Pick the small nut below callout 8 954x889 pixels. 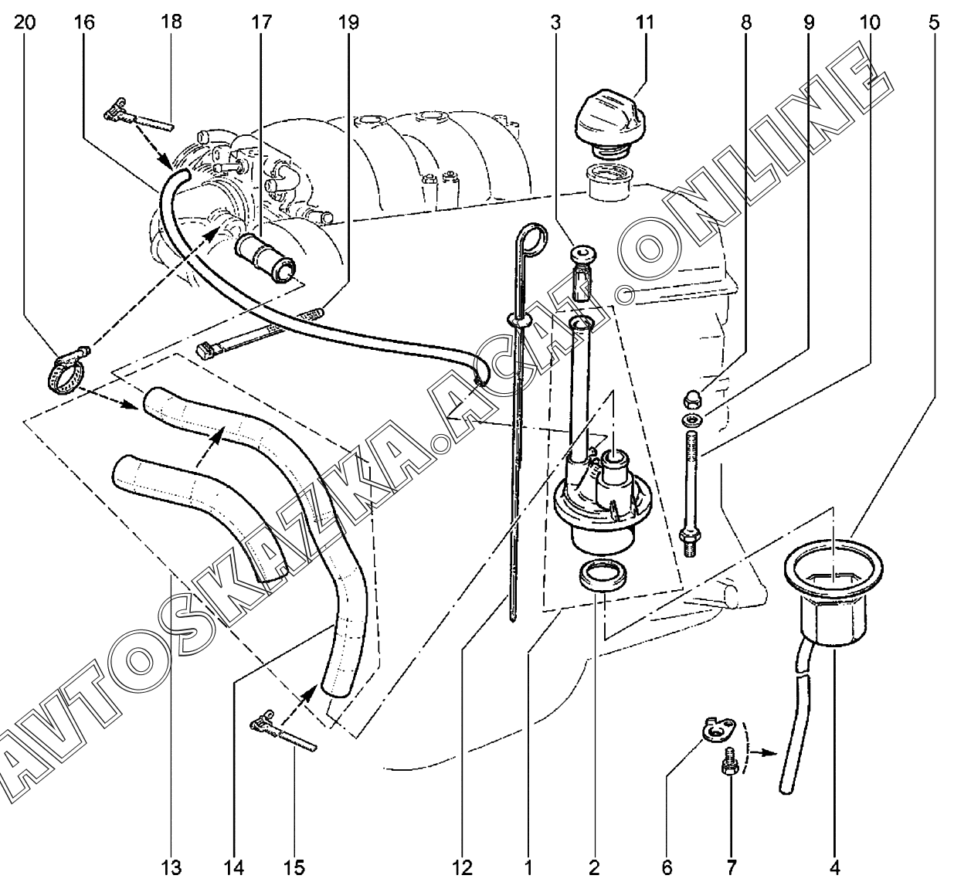[x=691, y=400]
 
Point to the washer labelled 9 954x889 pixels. [x=692, y=420]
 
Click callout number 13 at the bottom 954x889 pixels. [x=171, y=867]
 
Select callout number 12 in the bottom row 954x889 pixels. [x=462, y=867]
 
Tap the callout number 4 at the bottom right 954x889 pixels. [x=835, y=867]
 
